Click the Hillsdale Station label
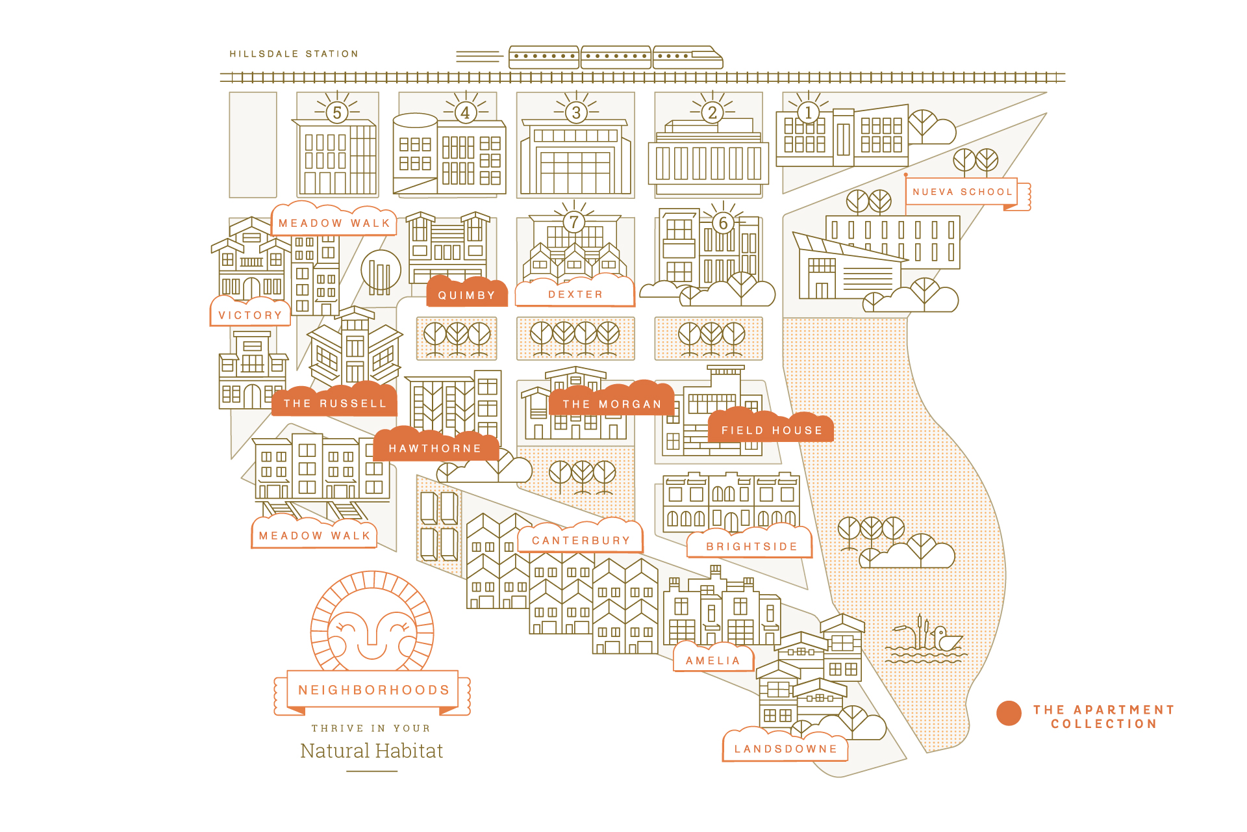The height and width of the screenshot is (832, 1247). point(294,54)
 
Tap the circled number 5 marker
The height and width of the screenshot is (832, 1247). point(336,112)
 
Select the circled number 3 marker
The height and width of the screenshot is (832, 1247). point(575,112)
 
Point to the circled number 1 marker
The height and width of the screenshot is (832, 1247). point(808,112)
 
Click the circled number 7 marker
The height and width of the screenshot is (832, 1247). point(573,222)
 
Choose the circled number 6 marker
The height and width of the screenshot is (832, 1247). point(723,223)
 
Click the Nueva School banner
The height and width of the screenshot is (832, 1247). point(962,192)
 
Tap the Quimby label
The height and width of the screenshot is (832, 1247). point(466,295)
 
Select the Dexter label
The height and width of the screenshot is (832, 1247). point(575,294)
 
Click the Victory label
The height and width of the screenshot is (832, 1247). point(250,315)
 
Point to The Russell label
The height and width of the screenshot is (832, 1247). point(334,404)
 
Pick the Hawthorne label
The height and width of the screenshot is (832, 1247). point(435,448)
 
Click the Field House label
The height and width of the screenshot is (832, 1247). point(772,430)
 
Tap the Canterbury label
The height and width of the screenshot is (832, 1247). point(581,540)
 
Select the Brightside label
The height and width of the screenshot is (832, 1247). point(751,547)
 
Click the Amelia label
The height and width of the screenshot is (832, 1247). point(712,660)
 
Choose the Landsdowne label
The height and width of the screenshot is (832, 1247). point(785,749)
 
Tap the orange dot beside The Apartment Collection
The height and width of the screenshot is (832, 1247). point(1009,713)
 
